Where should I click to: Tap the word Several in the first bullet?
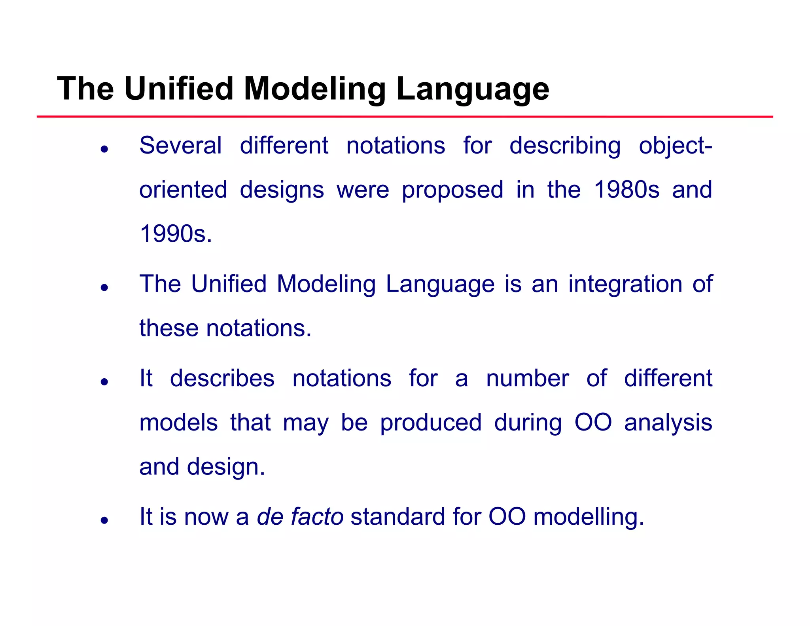(180, 146)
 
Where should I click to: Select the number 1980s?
(627, 190)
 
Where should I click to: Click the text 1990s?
(176, 234)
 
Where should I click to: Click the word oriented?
(183, 190)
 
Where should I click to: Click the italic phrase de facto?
(300, 517)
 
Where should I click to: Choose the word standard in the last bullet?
(398, 517)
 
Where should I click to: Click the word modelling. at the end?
(589, 517)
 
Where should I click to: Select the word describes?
(222, 378)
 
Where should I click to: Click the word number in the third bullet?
(527, 378)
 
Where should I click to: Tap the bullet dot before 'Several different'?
(104, 149)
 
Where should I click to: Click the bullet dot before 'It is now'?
(104, 520)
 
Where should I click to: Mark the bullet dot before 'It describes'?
(104, 382)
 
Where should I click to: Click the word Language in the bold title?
(473, 89)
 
